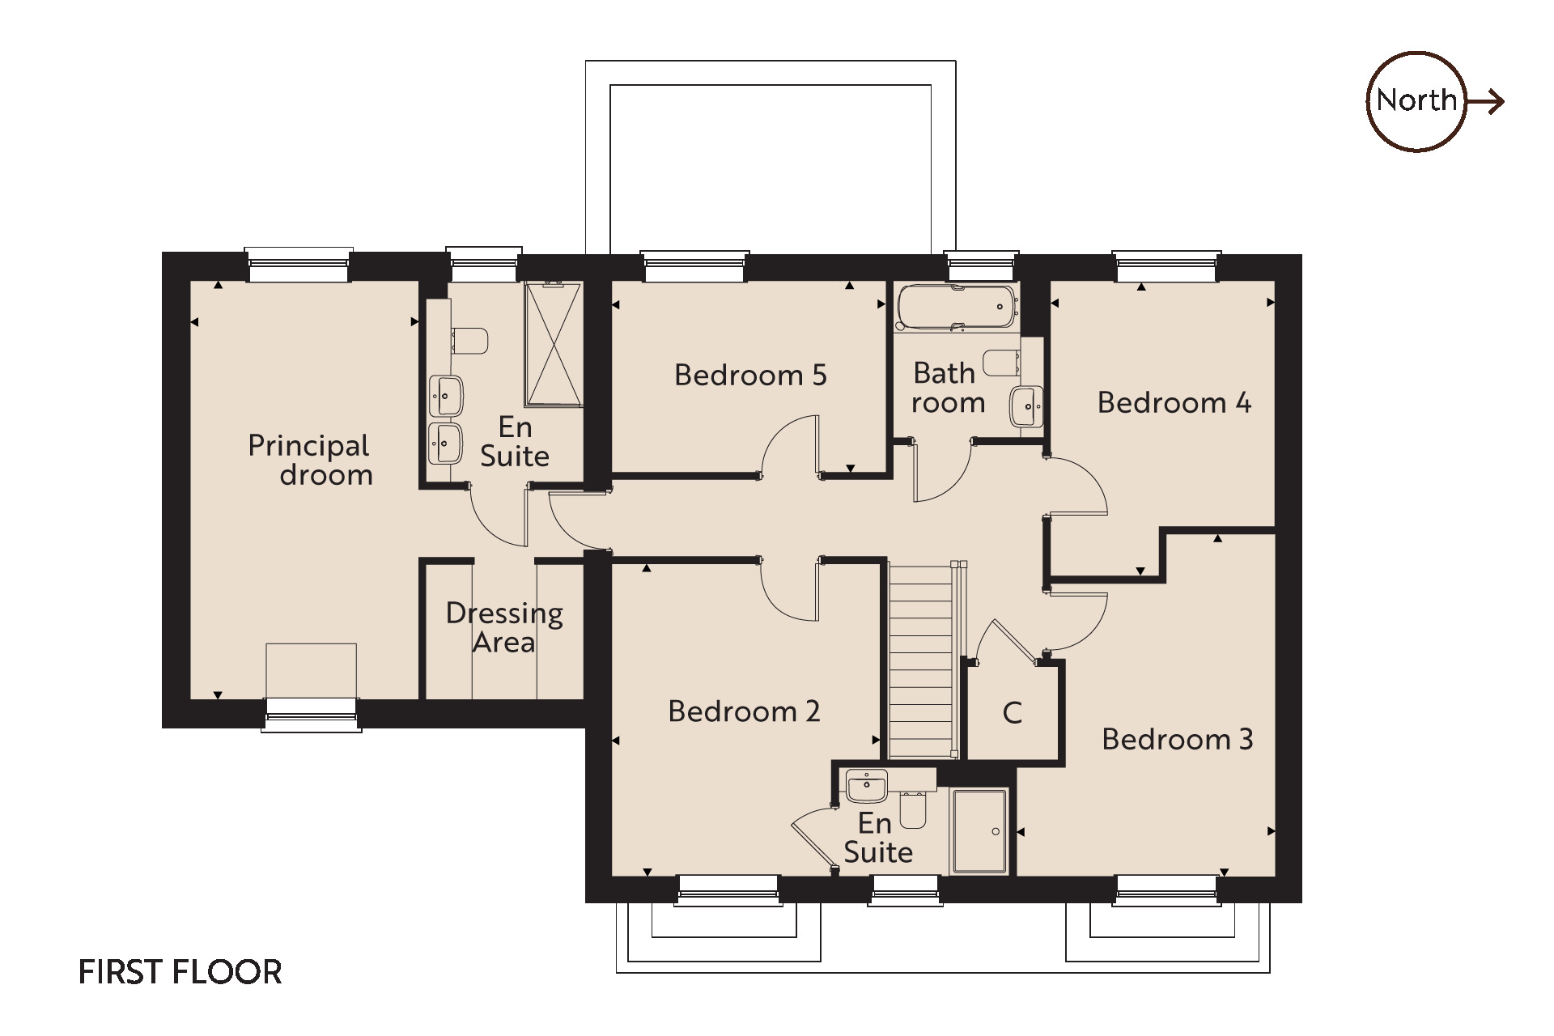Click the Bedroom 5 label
[x=750, y=375]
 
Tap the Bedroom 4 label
[x=1174, y=402]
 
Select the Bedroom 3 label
[x=1178, y=739]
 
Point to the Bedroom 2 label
[x=744, y=711]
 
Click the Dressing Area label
[x=504, y=627]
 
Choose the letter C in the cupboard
[x=1012, y=713]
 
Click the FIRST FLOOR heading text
[x=180, y=972]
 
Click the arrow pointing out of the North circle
[x=1486, y=101]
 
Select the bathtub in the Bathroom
[x=956, y=308]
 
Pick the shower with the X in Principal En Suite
[x=554, y=344]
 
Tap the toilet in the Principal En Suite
[x=469, y=341]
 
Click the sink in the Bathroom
[x=1026, y=406]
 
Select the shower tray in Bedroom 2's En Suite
[x=979, y=831]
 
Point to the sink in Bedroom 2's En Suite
[x=867, y=785]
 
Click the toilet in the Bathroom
[x=1002, y=363]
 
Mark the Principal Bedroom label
[x=310, y=460]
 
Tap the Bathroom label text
[x=948, y=388]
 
